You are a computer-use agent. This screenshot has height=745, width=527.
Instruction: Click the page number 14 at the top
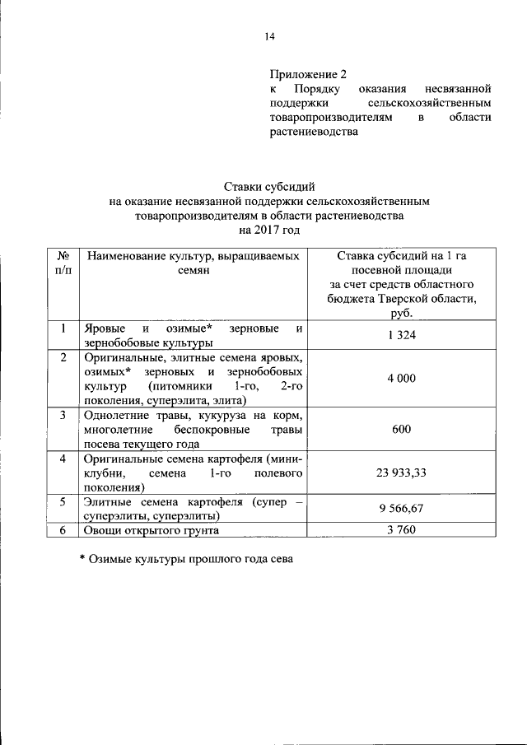coord(268,35)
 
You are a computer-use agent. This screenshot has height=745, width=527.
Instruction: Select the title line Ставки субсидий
coord(269,187)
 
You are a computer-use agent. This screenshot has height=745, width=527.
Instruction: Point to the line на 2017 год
coord(269,230)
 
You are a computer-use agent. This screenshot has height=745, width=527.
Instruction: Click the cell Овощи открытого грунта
coord(150,531)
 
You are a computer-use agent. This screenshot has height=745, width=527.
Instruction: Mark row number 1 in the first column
coord(63,329)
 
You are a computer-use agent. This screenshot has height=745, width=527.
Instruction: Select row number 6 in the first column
coord(63,531)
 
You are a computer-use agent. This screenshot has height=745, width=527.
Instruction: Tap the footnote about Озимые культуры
coord(186,558)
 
